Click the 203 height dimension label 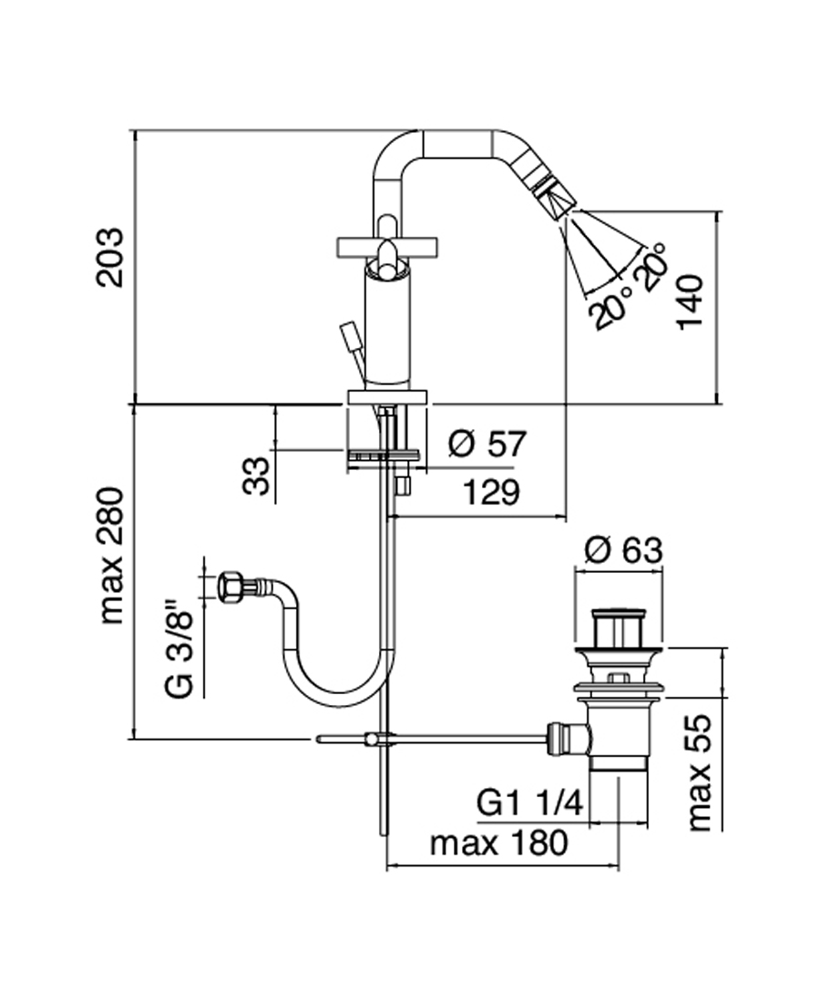tap(111, 258)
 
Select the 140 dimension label tap(691, 302)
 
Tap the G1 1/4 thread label tap(529, 803)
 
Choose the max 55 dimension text tap(700, 772)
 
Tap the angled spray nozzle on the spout tap(552, 192)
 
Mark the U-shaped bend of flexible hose tap(337, 688)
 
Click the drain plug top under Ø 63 tap(619, 628)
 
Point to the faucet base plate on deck tap(387, 396)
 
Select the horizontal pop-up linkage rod tap(456, 737)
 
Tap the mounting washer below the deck tap(384, 453)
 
